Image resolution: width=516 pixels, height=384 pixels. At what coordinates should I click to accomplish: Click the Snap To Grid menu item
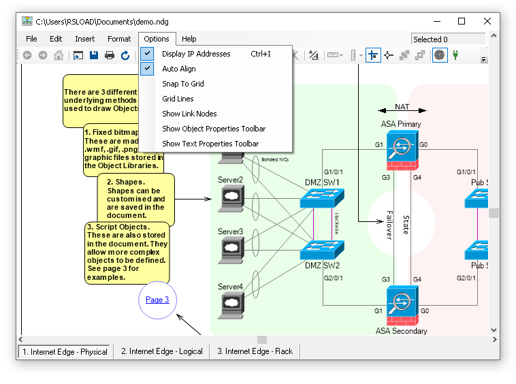pyautogui.click(x=182, y=84)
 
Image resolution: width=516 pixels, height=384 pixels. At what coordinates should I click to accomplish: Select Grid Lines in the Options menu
pyautogui.click(x=178, y=99)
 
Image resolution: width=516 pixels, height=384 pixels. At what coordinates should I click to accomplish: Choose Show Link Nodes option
pyautogui.click(x=189, y=114)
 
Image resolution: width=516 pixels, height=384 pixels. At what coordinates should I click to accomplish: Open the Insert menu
pyautogui.click(x=85, y=39)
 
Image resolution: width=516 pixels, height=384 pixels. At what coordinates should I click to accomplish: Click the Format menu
pyautogui.click(x=119, y=39)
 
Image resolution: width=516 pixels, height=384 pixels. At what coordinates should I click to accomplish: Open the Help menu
pyautogui.click(x=189, y=39)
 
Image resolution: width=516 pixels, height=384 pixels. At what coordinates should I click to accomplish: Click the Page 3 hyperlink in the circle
pyautogui.click(x=157, y=300)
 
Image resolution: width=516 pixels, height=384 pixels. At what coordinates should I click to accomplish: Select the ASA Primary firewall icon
pyautogui.click(x=402, y=149)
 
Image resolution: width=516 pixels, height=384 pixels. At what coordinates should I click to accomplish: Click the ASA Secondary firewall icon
pyautogui.click(x=402, y=304)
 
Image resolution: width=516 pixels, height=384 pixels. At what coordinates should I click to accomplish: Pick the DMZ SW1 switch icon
pyautogui.click(x=322, y=198)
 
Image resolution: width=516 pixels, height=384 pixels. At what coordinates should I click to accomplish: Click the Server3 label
pyautogui.click(x=230, y=232)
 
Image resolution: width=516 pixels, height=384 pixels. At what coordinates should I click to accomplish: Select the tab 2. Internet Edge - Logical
pyautogui.click(x=162, y=351)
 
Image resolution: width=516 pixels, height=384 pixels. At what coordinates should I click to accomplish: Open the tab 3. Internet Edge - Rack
pyautogui.click(x=255, y=351)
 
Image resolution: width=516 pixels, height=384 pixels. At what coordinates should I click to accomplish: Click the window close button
pyautogui.click(x=487, y=21)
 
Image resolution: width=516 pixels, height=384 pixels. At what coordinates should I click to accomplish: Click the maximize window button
pyautogui.click(x=462, y=21)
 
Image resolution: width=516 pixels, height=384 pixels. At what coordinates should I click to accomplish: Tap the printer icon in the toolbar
pyautogui.click(x=110, y=56)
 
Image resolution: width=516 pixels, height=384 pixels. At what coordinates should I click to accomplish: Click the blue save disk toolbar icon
pyautogui.click(x=94, y=56)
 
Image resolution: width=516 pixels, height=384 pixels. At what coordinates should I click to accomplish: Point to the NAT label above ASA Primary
pyautogui.click(x=402, y=107)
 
